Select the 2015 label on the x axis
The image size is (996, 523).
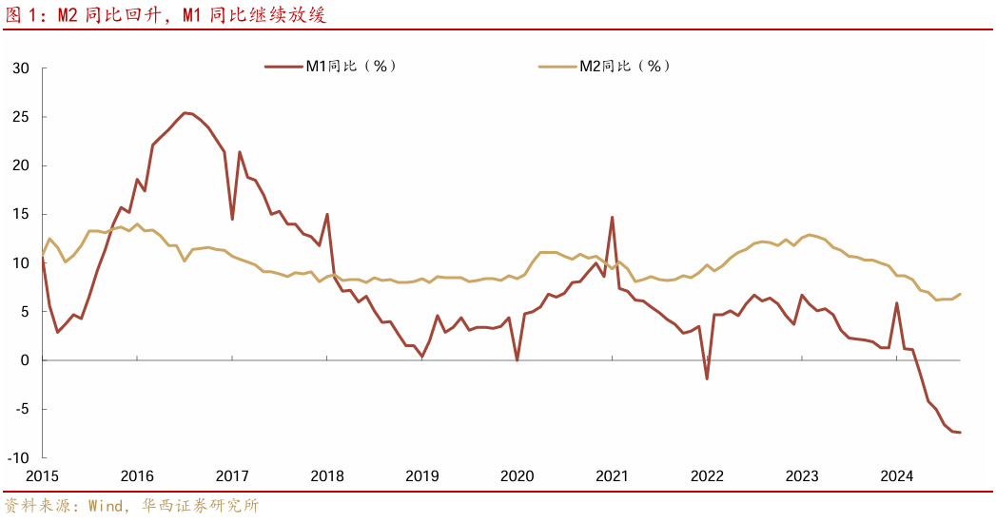click(x=42, y=476)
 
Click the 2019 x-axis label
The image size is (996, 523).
click(x=421, y=476)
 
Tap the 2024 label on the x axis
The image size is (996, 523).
click(x=896, y=476)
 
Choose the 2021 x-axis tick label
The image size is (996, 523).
click(x=612, y=476)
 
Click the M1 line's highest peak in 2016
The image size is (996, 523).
click(x=185, y=112)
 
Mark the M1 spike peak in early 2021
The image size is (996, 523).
click(x=612, y=217)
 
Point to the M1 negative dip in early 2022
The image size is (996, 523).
click(x=707, y=378)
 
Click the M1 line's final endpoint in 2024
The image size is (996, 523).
click(x=960, y=433)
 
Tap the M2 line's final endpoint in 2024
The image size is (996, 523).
click(x=960, y=294)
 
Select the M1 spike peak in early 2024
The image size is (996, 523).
click(x=897, y=303)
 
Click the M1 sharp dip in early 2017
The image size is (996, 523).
click(x=232, y=220)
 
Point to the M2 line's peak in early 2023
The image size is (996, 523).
click(x=810, y=234)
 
